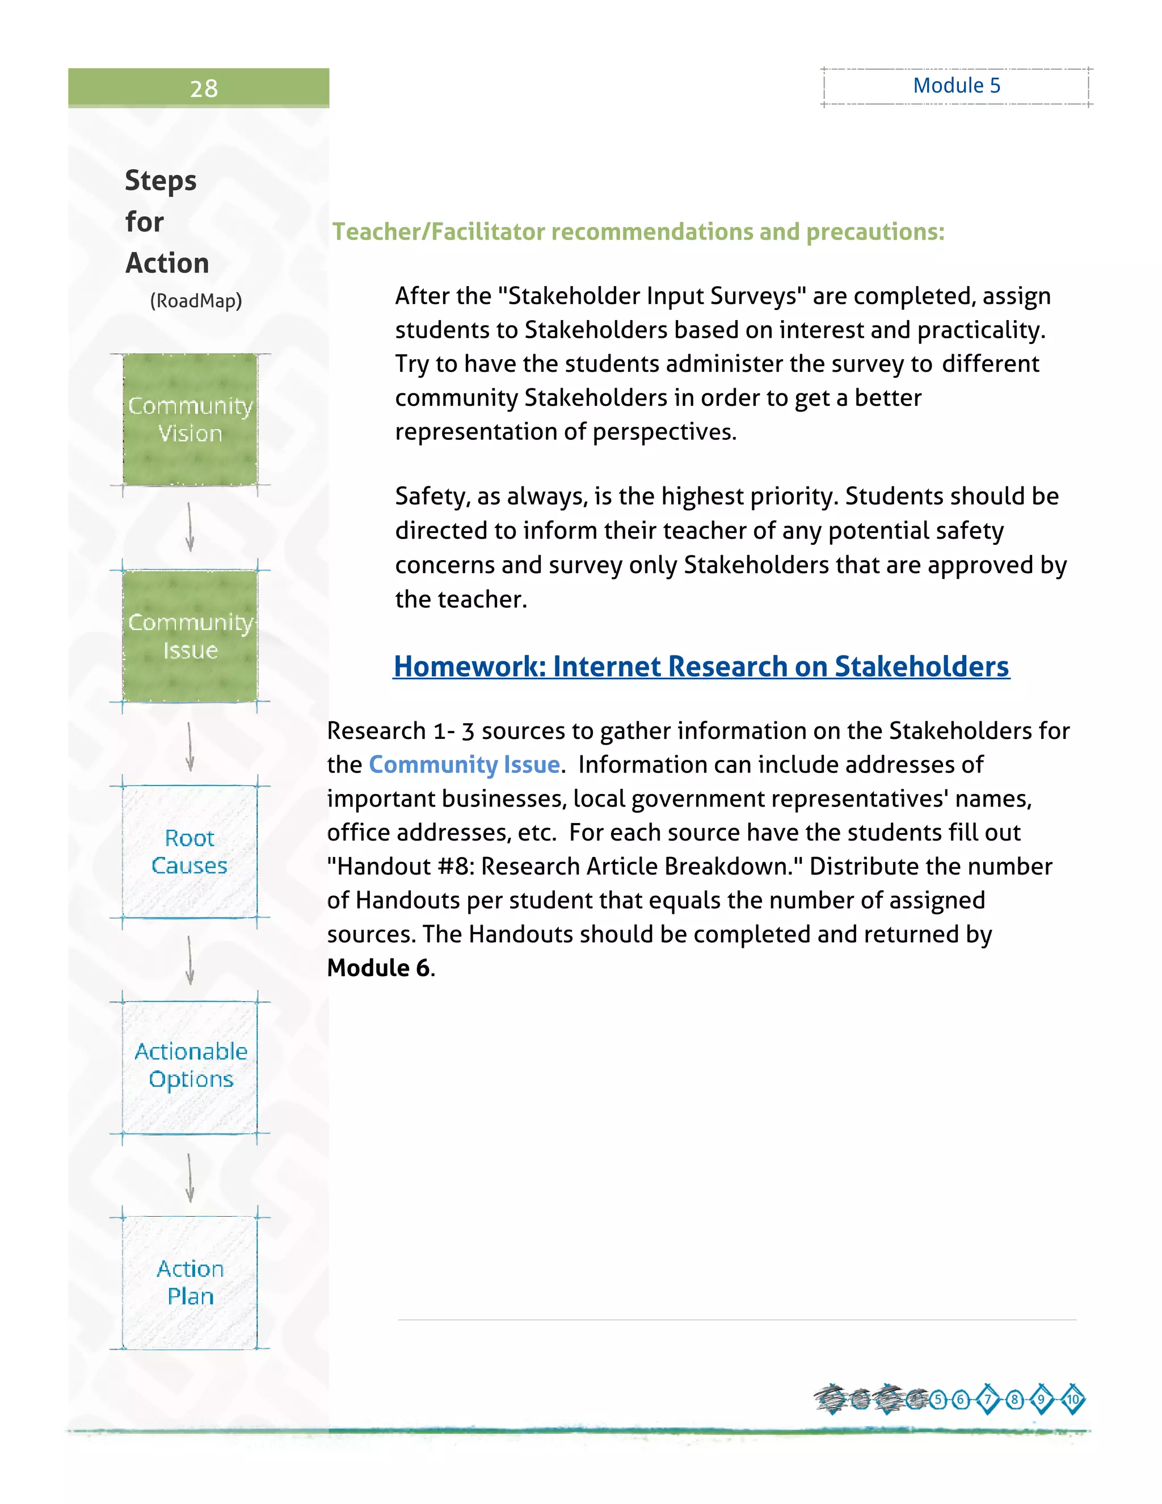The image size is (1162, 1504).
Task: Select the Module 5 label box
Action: [x=956, y=86]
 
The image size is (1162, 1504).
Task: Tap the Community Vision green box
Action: [x=190, y=419]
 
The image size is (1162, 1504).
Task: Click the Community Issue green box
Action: [x=190, y=636]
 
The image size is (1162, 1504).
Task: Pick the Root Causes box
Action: [x=190, y=852]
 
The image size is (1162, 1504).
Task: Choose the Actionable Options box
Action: [x=190, y=1066]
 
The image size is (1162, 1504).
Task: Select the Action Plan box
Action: [x=190, y=1282]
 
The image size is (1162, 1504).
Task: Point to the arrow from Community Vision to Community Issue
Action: [x=190, y=527]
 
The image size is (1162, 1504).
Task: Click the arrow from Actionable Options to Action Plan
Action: [x=190, y=1177]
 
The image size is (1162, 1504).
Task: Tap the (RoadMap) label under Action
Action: [x=196, y=301]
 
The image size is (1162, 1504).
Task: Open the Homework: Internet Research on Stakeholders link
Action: [x=701, y=667]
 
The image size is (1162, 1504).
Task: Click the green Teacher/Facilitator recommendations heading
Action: [x=638, y=232]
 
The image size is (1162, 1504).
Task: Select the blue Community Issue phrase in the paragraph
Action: [x=464, y=765]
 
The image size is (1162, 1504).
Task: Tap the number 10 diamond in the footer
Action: [x=1072, y=1400]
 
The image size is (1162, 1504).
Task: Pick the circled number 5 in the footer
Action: [x=937, y=1400]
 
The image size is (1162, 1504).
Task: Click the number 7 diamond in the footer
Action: [x=988, y=1400]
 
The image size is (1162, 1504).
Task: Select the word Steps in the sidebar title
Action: [x=161, y=181]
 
